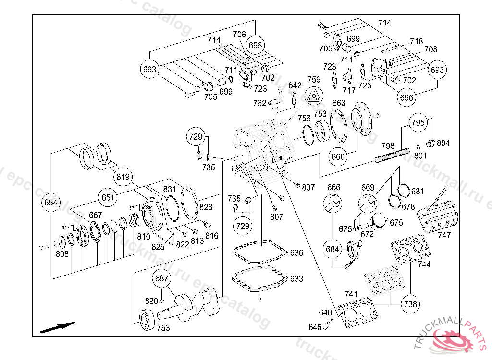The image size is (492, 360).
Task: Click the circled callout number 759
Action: (314, 80)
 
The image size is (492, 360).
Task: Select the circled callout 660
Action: (338, 156)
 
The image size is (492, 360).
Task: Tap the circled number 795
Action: (418, 123)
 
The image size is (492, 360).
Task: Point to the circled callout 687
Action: (162, 278)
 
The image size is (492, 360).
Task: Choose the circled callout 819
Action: (123, 177)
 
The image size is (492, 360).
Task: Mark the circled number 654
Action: (50, 203)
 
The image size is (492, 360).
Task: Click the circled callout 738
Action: (410, 304)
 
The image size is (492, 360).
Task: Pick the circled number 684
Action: (333, 249)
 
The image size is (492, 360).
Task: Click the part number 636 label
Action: (296, 253)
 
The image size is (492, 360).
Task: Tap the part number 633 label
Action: (296, 278)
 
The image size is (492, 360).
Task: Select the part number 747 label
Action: (444, 235)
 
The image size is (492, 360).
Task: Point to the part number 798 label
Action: (388, 145)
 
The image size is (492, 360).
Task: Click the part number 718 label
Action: (416, 42)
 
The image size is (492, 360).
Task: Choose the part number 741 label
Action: (351, 294)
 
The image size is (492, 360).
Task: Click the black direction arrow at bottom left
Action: (58, 327)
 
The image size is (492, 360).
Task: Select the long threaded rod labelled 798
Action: (392, 156)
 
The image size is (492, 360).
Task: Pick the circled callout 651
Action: (108, 197)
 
